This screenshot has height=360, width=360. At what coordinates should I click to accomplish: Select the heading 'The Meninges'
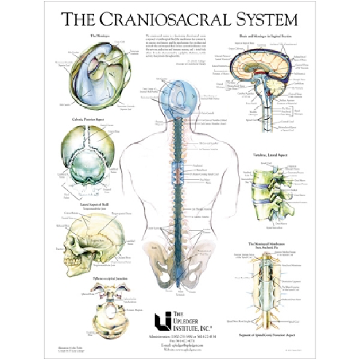tap(100, 36)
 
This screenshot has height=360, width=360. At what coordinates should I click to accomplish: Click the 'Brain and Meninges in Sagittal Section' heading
tap(269, 36)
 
